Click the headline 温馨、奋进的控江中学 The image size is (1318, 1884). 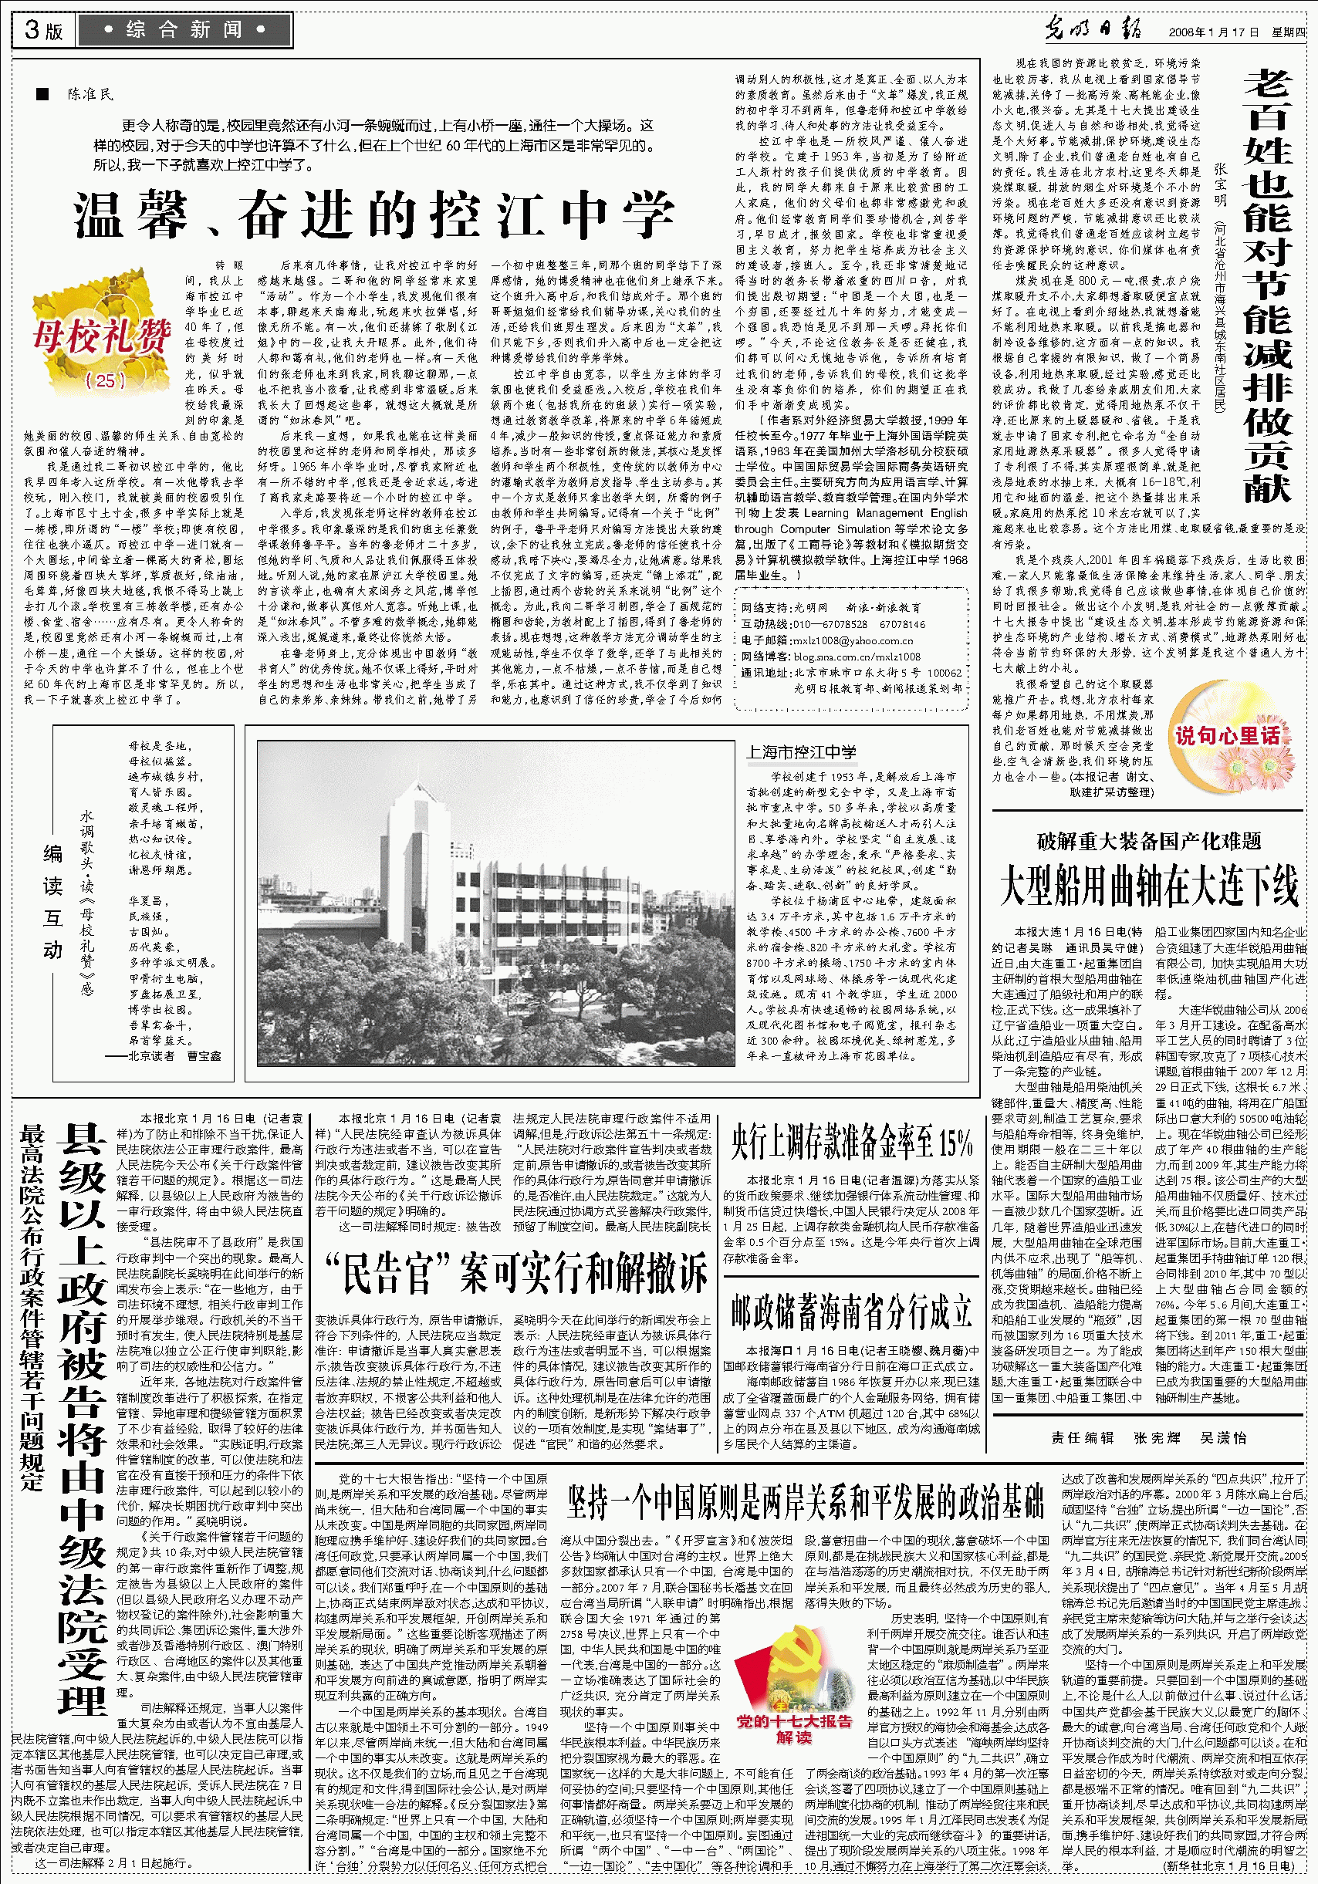(374, 216)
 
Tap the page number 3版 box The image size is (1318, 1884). (43, 30)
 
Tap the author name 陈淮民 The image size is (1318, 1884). (91, 94)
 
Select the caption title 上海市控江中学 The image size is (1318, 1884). (801, 751)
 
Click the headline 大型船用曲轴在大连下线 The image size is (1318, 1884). (1148, 886)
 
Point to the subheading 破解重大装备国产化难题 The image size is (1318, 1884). (1148, 841)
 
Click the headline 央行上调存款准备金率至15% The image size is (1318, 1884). (851, 1143)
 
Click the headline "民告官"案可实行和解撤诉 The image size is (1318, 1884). (516, 1275)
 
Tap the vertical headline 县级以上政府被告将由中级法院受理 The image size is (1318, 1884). (83, 1420)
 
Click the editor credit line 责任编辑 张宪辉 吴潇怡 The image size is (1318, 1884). (1148, 1437)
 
